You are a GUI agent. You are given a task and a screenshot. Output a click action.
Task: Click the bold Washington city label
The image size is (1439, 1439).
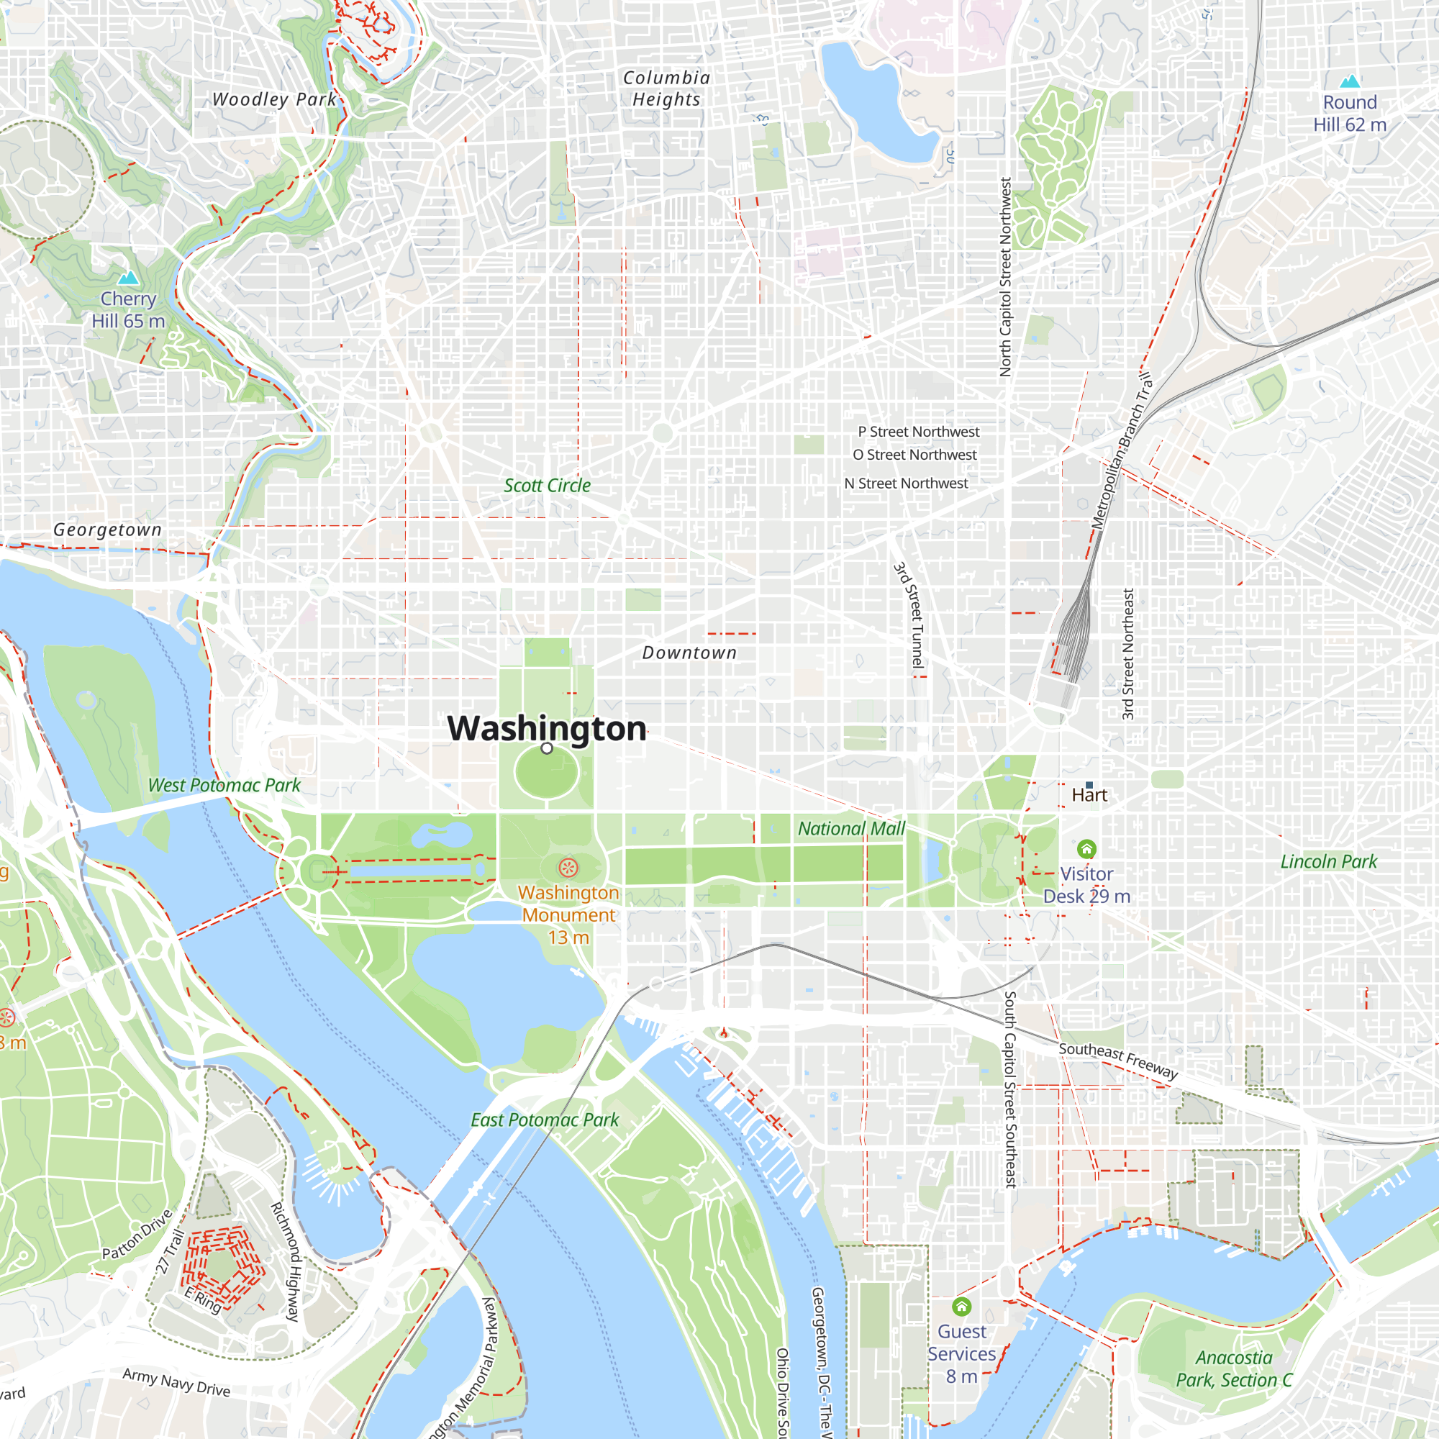(547, 728)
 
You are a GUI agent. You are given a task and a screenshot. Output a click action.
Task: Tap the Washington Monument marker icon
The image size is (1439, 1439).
(568, 867)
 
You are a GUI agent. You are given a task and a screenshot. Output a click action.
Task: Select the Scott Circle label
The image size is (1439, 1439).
(547, 486)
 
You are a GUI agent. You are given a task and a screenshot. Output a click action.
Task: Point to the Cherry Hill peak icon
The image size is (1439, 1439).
(129, 278)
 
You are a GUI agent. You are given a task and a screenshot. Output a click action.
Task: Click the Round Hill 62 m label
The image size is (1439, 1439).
(1350, 113)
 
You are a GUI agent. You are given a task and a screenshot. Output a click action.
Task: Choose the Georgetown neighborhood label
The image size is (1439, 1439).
(107, 530)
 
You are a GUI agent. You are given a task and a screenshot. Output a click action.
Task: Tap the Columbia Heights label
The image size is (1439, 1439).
(667, 88)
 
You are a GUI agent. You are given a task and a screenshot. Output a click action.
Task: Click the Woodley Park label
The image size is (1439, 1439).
(274, 99)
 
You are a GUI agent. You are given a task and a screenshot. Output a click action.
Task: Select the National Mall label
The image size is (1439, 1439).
(851, 828)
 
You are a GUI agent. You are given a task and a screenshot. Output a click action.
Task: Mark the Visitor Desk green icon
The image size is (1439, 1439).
(1086, 849)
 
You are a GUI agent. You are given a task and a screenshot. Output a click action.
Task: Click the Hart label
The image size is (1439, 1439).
(1089, 795)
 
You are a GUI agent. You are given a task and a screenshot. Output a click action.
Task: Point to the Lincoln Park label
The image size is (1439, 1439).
(1329, 862)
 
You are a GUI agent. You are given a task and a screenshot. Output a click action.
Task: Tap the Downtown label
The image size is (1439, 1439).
(689, 653)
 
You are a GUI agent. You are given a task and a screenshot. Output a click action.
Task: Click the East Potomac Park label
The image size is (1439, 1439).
(545, 1120)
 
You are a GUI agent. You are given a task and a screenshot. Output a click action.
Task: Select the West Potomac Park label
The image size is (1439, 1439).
(224, 785)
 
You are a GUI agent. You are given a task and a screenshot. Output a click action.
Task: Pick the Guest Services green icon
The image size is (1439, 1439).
(961, 1307)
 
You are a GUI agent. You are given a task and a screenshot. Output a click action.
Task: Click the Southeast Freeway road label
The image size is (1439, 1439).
(1118, 1061)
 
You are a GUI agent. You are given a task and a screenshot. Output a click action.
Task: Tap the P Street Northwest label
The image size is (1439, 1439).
(918, 432)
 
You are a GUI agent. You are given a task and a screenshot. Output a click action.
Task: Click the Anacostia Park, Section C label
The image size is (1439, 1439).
(1234, 1369)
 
